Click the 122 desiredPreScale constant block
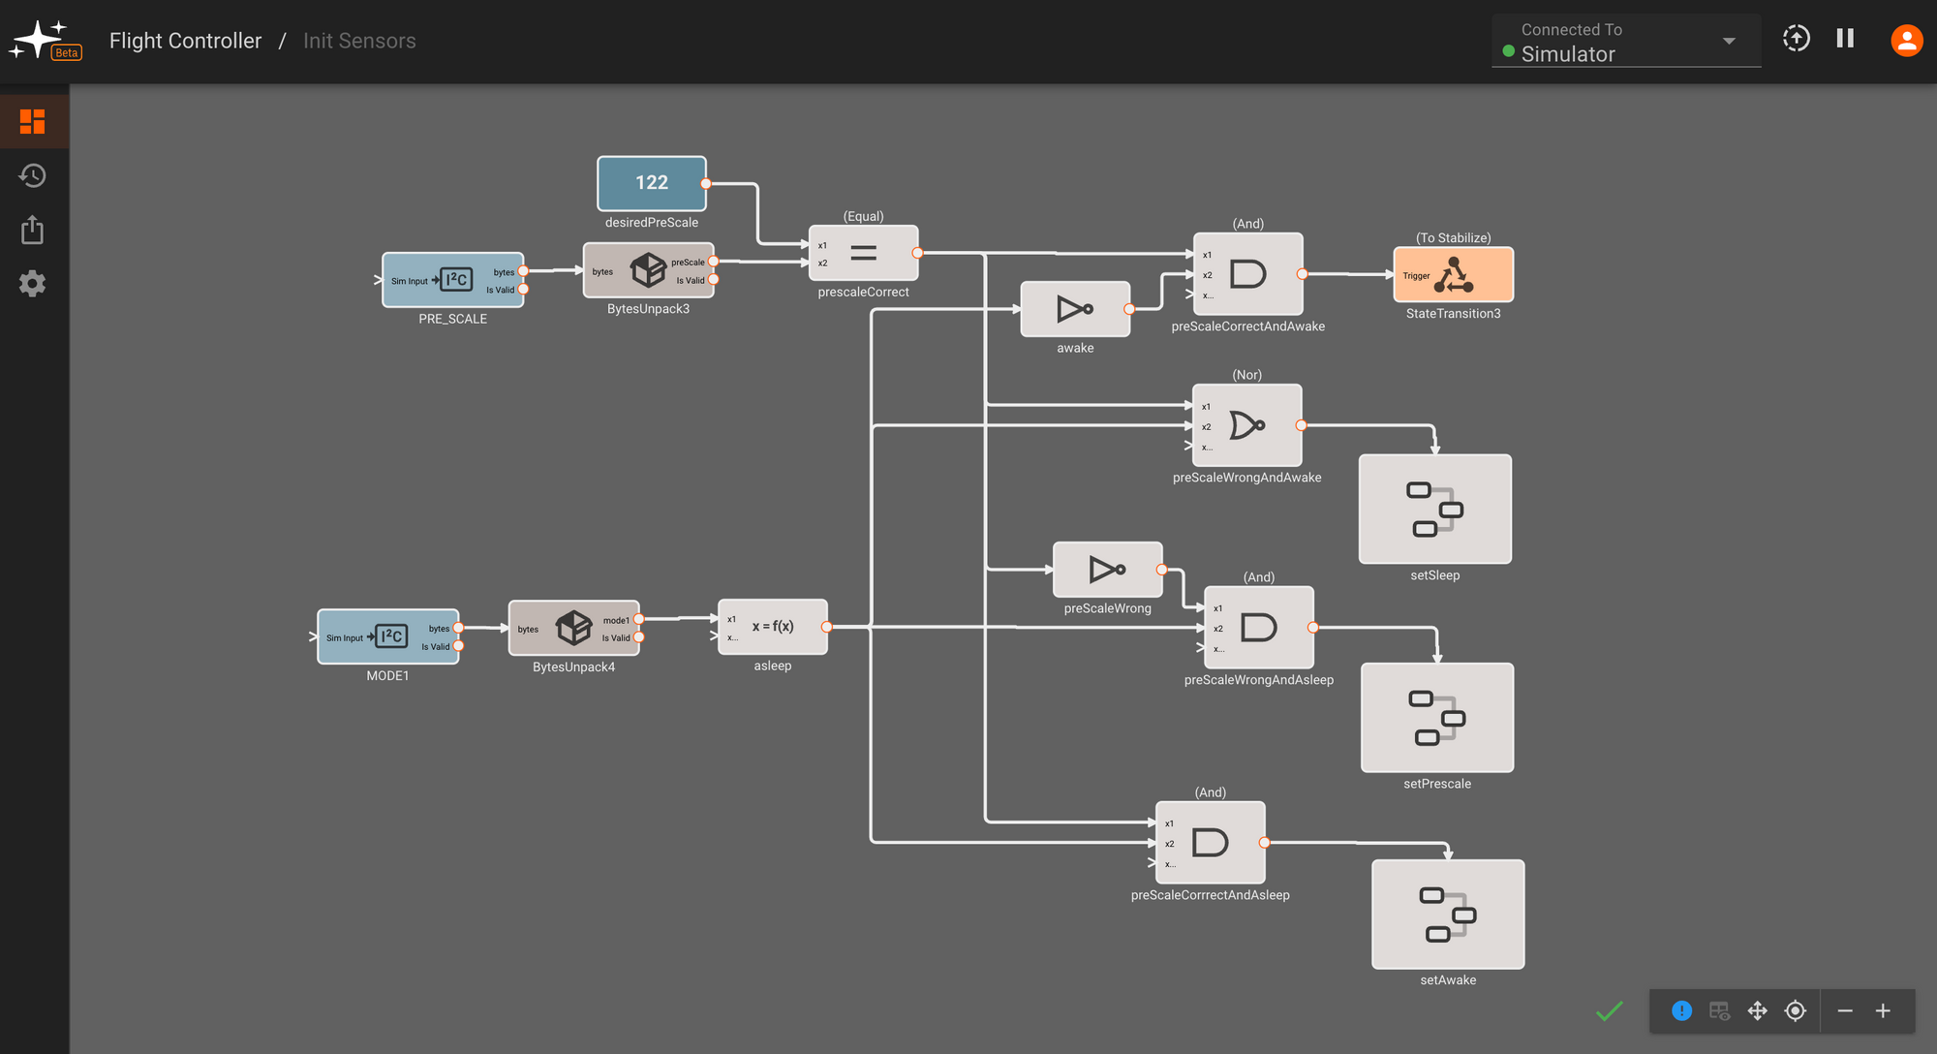[651, 183]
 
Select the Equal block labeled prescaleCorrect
[863, 253]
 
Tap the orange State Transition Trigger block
[1453, 275]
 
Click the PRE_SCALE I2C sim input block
[452, 280]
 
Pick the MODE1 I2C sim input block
[387, 636]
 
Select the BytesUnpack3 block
[648, 270]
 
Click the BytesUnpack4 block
[573, 628]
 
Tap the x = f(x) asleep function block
[772, 627]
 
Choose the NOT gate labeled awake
[1075, 309]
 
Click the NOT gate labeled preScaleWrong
[1107, 570]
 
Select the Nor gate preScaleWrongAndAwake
[1246, 425]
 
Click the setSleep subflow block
[1434, 510]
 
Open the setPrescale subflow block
[1436, 718]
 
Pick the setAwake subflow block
[1448, 914]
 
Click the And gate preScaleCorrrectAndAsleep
[1210, 842]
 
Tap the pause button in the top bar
[1845, 39]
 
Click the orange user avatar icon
[1906, 40]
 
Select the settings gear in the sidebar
[33, 284]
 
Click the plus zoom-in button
[1883, 1011]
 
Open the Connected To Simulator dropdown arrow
[1729, 41]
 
